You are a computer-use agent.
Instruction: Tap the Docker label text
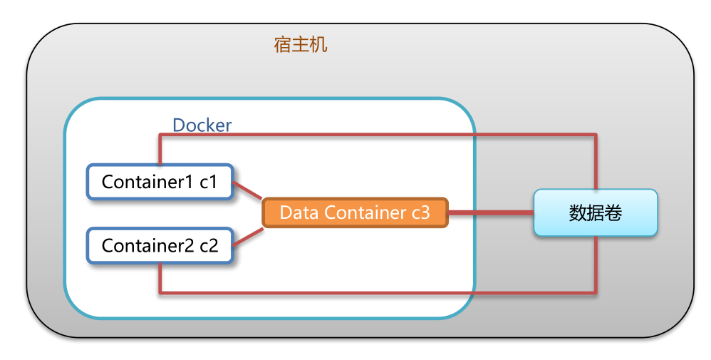coord(202,125)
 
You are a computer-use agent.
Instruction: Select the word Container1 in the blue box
coord(147,182)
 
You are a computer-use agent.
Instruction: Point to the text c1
coord(208,182)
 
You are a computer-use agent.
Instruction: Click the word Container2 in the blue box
coord(147,246)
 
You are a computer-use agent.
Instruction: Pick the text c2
coord(209,246)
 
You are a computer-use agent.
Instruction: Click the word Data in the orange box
coord(299,212)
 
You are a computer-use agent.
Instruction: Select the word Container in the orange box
coord(360,212)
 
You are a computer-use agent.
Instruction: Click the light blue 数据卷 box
coord(595,212)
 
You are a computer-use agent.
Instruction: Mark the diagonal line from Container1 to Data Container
coord(249,192)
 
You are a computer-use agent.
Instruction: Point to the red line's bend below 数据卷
coord(595,292)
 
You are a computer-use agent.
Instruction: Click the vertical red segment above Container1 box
coord(160,150)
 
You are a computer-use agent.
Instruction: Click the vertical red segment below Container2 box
coord(160,278)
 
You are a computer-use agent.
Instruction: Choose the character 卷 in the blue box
coord(613,212)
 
